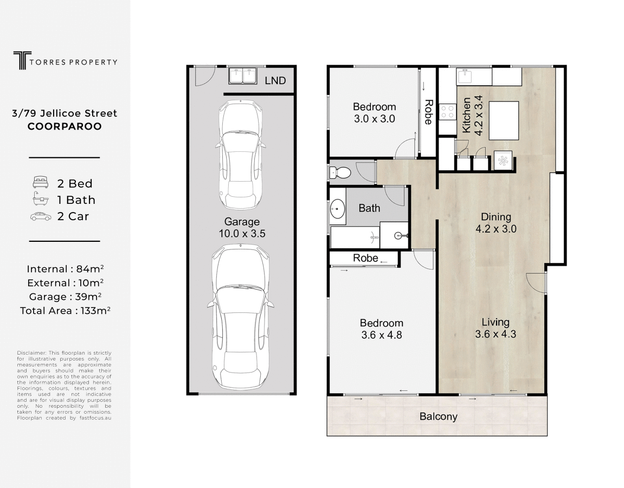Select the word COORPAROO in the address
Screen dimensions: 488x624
click(x=65, y=126)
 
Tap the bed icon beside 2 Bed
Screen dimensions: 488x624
click(x=41, y=182)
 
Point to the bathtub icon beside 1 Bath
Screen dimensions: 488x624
click(x=41, y=199)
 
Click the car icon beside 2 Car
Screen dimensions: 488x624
click(x=41, y=216)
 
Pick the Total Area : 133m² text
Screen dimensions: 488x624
click(x=65, y=311)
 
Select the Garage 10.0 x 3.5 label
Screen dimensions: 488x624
click(x=242, y=228)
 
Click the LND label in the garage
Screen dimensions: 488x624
click(x=275, y=81)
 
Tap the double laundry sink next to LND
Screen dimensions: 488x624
click(x=242, y=75)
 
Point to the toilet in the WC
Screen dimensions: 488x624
click(x=340, y=172)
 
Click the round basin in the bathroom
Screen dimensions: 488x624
click(x=338, y=208)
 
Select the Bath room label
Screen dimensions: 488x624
click(x=369, y=208)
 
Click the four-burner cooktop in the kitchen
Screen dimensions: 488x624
click(x=447, y=111)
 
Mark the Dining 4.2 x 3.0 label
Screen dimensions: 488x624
click(x=496, y=223)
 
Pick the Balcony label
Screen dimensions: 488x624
click(x=438, y=416)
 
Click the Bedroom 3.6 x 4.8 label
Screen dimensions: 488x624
click(x=382, y=329)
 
